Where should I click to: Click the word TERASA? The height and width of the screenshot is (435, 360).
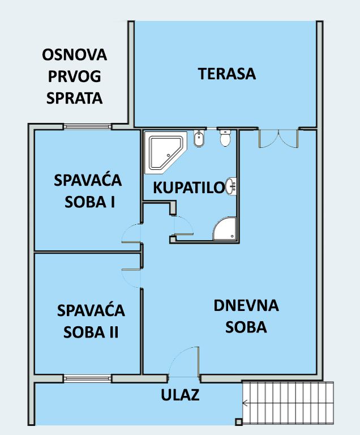click(227, 74)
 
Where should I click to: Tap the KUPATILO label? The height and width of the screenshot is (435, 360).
click(189, 187)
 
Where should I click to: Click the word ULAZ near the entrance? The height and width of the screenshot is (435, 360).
click(180, 395)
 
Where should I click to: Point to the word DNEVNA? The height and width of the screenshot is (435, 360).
click(246, 305)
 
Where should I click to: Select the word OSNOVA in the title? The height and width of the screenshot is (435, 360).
click(74, 54)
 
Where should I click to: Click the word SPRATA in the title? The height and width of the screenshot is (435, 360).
click(74, 98)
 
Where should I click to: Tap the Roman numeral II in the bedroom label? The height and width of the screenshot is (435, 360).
click(113, 332)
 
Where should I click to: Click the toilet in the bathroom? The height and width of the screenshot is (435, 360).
click(225, 138)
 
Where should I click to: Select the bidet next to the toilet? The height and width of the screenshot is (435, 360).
click(199, 138)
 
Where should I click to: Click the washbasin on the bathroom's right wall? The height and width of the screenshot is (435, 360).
click(232, 186)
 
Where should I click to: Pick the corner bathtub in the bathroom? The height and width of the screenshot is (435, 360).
click(166, 152)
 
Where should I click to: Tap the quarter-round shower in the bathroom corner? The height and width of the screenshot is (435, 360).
click(225, 229)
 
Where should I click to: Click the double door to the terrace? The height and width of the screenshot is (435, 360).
click(278, 138)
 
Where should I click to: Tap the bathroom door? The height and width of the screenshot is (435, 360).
click(182, 225)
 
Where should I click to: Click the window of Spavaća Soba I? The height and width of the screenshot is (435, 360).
click(87, 126)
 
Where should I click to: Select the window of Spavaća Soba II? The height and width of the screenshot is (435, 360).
click(87, 378)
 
